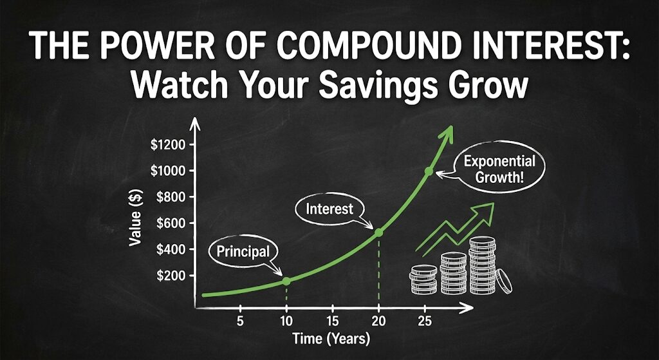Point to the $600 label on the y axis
click(171, 223)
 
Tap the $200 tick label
click(171, 276)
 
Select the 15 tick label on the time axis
click(332, 321)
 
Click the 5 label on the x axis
click(240, 321)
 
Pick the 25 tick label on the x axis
click(424, 321)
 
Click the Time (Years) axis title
click(331, 338)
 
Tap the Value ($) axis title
click(136, 218)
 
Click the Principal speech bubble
click(239, 251)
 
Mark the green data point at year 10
click(287, 281)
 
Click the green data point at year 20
click(378, 232)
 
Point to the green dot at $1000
click(429, 171)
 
